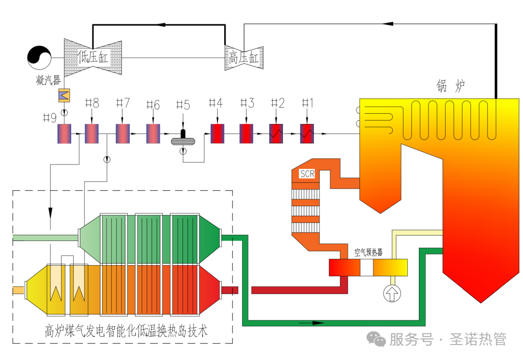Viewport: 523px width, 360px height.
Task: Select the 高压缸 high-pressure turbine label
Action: [244, 58]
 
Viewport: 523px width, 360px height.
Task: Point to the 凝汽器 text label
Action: [48, 80]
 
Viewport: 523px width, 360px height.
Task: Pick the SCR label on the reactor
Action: [307, 174]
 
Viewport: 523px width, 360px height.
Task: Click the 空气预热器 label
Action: [368, 253]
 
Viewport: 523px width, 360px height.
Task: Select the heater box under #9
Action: [64, 134]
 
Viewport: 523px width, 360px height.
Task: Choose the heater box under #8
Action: [92, 134]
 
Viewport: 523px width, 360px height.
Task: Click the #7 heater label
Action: [123, 103]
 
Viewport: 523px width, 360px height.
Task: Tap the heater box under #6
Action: [153, 134]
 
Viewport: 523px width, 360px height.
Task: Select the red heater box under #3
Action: [246, 134]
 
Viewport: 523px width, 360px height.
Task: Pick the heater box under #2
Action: [277, 134]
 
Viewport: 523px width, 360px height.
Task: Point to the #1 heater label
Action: [308, 103]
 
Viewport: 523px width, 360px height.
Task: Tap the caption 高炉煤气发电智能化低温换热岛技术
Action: [125, 332]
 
